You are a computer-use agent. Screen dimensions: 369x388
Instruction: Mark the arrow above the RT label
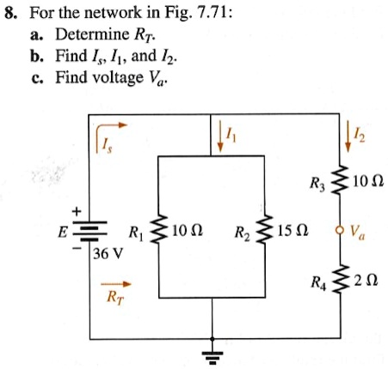point(115,281)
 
